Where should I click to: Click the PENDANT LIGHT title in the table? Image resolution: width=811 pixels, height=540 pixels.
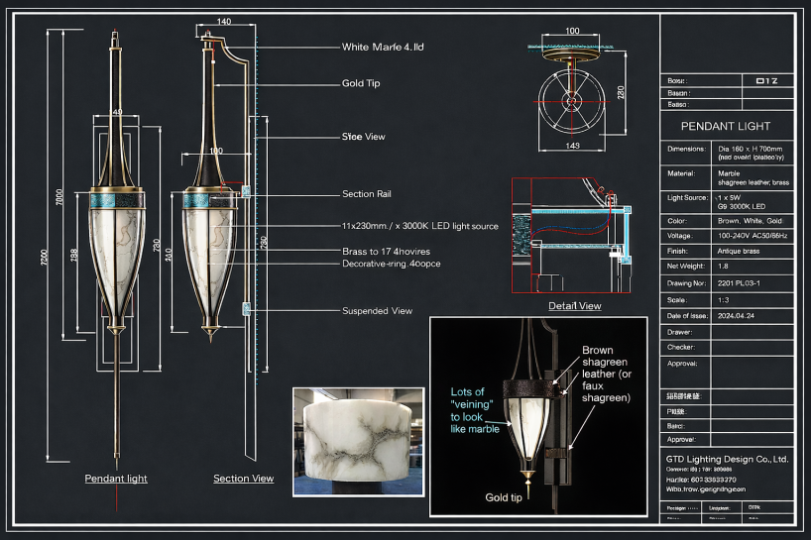(x=726, y=126)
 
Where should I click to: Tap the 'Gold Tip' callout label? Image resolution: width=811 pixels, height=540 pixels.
(x=360, y=83)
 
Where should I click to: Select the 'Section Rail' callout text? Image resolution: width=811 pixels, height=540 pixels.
(x=369, y=194)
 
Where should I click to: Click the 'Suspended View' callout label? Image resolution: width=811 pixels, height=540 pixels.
(x=377, y=310)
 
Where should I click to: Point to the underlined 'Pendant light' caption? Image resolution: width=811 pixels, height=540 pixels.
(x=116, y=479)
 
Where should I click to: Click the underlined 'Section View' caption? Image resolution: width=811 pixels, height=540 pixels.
(x=243, y=479)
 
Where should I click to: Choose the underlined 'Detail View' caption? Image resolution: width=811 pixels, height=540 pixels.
(x=574, y=305)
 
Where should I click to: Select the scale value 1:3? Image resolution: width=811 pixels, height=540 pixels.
(x=725, y=299)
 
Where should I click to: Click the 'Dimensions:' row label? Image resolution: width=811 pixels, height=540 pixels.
(x=686, y=149)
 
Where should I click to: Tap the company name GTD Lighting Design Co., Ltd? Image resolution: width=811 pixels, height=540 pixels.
(x=727, y=460)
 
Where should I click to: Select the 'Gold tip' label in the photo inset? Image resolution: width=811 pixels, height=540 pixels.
(x=504, y=497)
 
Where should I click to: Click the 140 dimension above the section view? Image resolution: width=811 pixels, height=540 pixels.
(x=223, y=22)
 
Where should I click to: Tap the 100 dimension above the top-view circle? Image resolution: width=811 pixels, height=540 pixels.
(x=572, y=32)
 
